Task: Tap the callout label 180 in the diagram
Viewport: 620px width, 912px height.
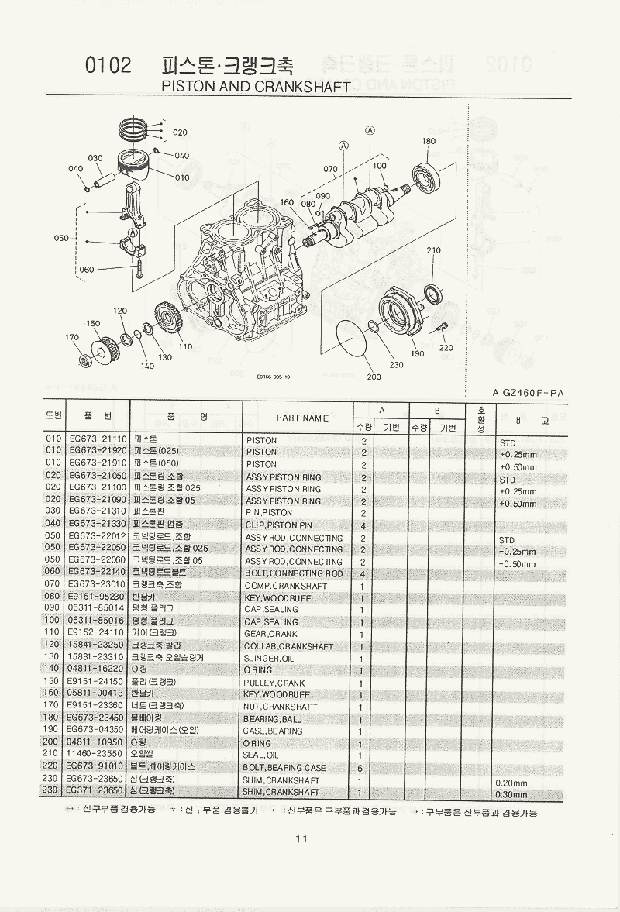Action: tap(429, 141)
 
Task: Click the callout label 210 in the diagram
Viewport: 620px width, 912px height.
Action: tap(433, 250)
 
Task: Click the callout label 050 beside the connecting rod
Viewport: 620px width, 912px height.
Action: tap(62, 239)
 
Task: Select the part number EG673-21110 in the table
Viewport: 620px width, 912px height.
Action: tap(97, 440)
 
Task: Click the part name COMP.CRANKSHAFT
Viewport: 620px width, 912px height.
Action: tap(275, 586)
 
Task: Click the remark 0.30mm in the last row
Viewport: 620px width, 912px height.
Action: tap(511, 793)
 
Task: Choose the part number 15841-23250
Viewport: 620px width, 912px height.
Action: tap(97, 645)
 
